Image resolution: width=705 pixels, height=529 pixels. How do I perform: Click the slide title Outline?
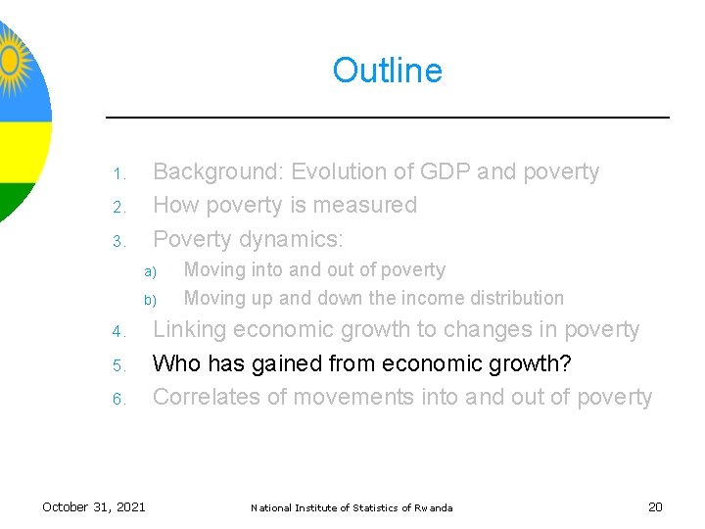coord(387,71)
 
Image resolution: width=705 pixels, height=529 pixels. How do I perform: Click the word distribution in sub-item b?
coord(518,298)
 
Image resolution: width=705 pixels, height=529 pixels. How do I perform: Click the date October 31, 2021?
coord(94,506)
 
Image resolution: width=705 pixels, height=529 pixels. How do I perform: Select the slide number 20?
coord(655,506)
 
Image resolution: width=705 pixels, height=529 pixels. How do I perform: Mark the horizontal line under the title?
coord(387,118)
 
